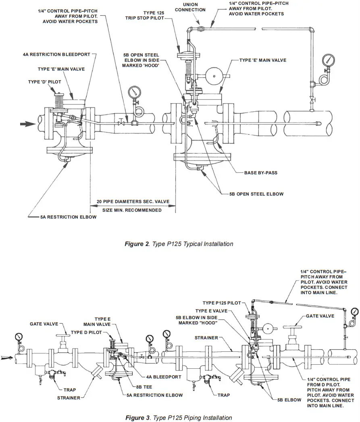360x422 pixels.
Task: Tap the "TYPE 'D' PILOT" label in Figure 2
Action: coord(45,82)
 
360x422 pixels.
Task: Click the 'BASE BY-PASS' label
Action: coord(260,173)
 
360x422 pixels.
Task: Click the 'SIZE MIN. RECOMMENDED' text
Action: coord(132,210)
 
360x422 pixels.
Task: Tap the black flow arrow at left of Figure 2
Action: coord(29,124)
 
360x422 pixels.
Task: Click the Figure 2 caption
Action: coord(179,244)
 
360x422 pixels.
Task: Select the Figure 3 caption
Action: coord(179,418)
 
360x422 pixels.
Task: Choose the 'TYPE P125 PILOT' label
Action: coord(221,303)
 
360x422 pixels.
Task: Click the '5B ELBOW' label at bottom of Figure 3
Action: coord(289,400)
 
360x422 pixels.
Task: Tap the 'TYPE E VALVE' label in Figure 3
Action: coord(211,311)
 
